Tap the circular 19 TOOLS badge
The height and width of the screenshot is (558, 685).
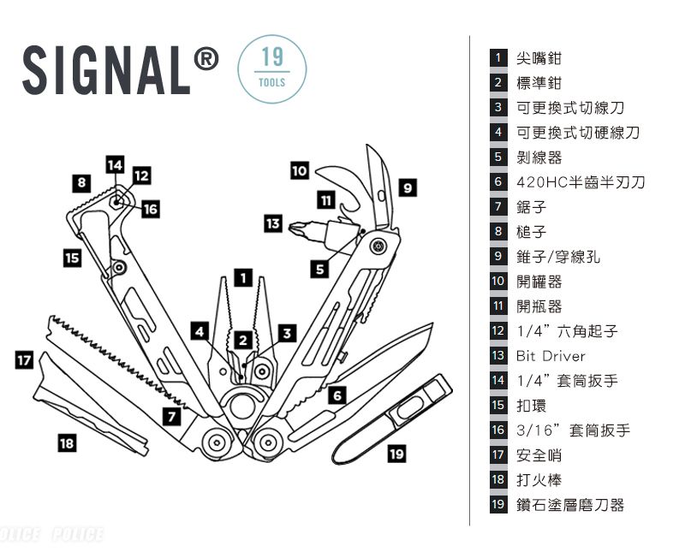(272, 68)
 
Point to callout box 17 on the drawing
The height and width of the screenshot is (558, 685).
(24, 360)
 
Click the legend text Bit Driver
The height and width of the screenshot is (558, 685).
(551, 356)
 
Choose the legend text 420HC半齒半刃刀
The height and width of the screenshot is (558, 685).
(581, 182)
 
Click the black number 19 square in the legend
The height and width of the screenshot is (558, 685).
(498, 505)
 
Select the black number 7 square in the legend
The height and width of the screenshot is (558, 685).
(498, 207)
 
